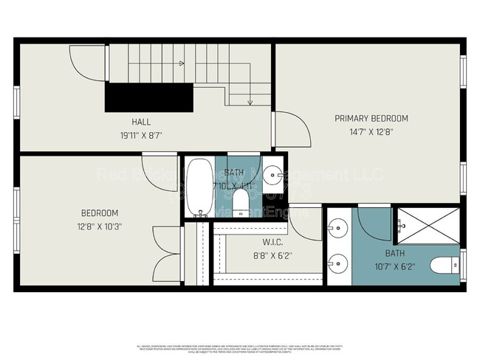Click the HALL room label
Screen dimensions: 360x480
(142, 122)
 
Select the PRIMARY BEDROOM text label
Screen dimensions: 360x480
(371, 118)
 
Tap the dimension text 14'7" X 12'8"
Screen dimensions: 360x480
(371, 132)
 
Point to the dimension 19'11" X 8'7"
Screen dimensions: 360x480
(142, 135)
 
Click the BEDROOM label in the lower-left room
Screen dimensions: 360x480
(100, 212)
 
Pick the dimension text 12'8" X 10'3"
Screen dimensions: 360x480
(100, 226)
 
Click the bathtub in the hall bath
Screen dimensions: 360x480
(199, 187)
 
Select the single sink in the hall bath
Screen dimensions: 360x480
(274, 176)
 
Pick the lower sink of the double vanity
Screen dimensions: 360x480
(337, 262)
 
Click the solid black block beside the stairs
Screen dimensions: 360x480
(149, 97)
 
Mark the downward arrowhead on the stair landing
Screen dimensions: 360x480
(250, 102)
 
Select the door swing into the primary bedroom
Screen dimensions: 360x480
(290, 130)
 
